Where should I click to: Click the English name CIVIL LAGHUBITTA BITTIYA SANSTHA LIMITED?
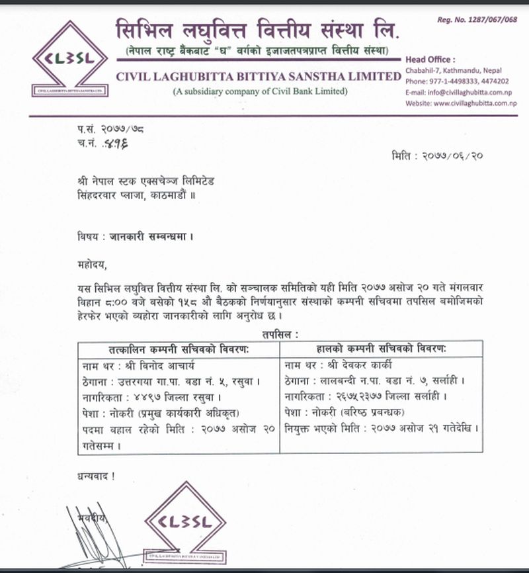259,76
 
